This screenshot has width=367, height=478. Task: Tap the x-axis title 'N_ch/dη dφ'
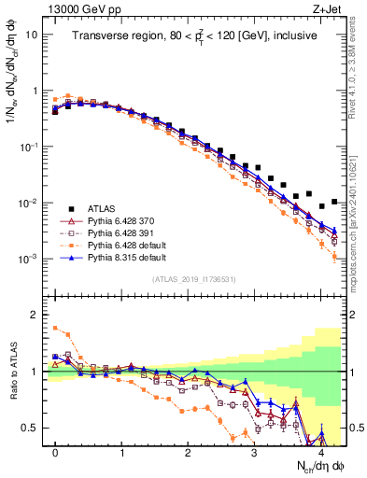[x=304, y=465]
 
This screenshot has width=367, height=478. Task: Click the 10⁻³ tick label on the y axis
[x=28, y=260]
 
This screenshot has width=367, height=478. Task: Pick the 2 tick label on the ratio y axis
[x=34, y=315]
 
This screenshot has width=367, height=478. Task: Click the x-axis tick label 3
[x=255, y=450]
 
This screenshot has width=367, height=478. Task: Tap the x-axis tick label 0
[x=55, y=450]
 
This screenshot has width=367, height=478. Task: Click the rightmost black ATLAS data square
[x=334, y=201]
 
